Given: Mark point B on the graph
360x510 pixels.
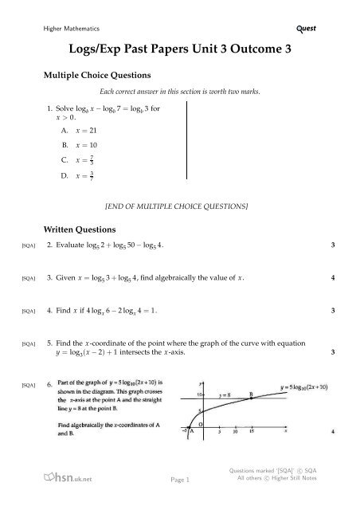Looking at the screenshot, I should pos(252,394).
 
